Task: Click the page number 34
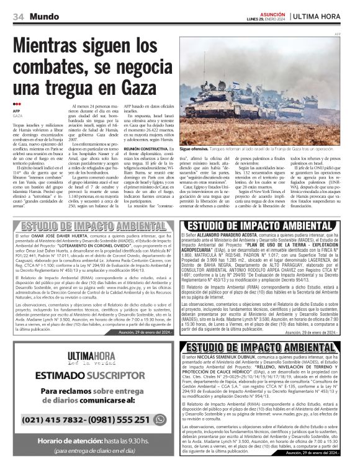(19, 16)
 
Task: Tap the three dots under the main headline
(17, 104)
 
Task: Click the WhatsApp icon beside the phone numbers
(160, 419)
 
